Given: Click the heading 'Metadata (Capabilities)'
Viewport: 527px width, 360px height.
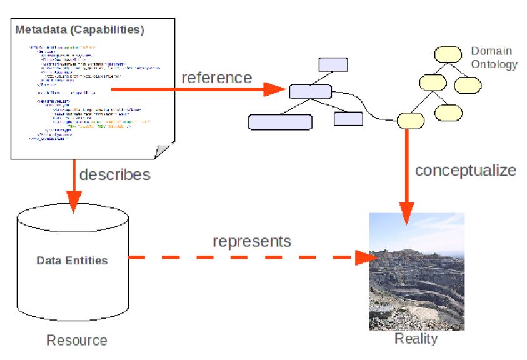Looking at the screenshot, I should coord(79,29).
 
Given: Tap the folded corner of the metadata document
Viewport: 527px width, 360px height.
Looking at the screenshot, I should coord(164,150).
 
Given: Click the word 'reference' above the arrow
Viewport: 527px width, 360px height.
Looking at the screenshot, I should coord(216,78).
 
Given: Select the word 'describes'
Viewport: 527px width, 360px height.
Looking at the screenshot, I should coord(114,174).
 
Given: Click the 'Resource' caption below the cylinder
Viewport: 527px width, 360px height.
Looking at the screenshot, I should coord(76,341).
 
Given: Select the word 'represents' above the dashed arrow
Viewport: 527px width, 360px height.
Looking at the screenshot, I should coord(251,241).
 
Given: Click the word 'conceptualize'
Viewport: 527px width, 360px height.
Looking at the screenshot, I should coord(466,170).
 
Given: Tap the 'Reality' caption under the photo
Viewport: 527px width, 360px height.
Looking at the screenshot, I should coord(416,339).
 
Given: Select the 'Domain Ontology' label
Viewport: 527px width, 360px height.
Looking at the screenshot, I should coord(494,57).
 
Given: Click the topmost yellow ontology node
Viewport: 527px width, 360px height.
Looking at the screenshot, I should coord(448,54).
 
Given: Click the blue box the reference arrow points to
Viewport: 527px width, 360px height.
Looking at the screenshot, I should coord(310,91).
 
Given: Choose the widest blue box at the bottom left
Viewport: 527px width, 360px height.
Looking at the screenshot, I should coord(279,122).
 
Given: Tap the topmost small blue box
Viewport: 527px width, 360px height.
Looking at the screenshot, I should coord(333,64).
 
